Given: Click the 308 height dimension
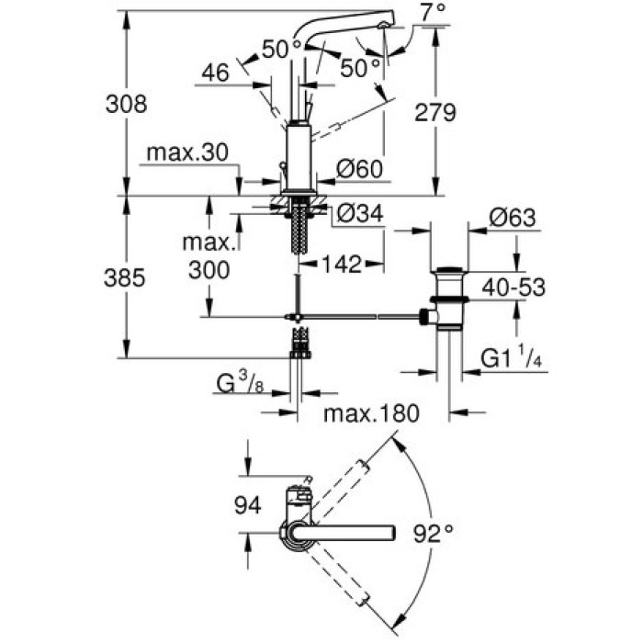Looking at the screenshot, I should point(127,104).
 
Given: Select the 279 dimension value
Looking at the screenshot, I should point(436,113).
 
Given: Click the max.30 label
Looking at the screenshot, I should point(183,152).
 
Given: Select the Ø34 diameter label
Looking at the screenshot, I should point(359,214).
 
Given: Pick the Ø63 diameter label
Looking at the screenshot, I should point(512,219).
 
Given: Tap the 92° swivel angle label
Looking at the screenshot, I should point(433,532).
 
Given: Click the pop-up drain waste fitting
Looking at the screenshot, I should point(448,299).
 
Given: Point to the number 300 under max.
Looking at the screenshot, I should point(208,270).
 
